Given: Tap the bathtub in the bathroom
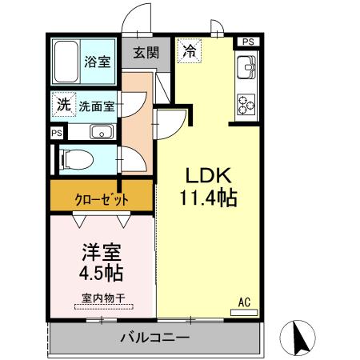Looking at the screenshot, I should click(x=66, y=61).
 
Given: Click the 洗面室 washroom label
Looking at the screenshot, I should click(x=97, y=106).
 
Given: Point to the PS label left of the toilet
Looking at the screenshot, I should click(x=55, y=134).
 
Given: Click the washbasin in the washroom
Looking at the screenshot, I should click(x=100, y=132).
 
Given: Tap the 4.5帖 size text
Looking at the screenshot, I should click(x=101, y=273).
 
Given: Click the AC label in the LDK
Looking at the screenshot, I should click(x=246, y=302).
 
